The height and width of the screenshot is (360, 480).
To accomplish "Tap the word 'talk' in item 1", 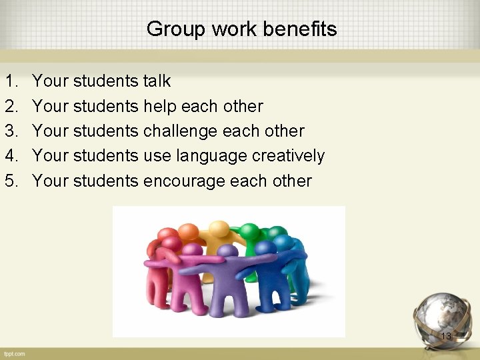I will point(157,81).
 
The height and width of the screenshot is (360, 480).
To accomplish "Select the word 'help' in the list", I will point(159,106).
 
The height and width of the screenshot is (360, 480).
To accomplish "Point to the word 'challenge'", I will point(183,131).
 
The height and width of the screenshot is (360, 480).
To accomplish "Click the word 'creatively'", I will point(288,156).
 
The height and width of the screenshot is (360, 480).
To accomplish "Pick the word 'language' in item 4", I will point(211,156).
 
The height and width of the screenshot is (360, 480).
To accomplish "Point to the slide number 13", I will point(446,337).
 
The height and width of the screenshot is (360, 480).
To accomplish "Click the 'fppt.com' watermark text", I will point(13,353).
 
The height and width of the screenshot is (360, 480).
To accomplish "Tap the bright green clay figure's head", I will point(250,230).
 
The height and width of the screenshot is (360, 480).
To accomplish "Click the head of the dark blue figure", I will point(266,248).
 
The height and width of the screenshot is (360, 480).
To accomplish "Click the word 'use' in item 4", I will point(157,156).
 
